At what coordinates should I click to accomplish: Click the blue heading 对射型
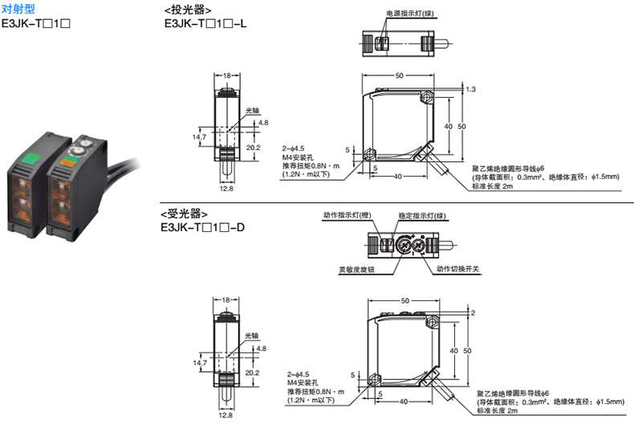[18, 9]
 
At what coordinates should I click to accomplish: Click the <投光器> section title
[188, 10]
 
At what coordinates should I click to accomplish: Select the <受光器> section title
[185, 214]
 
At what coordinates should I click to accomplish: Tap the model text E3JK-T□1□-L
[205, 23]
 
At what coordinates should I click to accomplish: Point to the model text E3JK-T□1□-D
[202, 227]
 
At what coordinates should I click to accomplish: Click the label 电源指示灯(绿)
[410, 14]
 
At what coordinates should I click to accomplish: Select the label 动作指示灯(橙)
[347, 215]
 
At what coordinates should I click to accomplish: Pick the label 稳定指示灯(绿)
[422, 216]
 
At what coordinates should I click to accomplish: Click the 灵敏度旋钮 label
[356, 270]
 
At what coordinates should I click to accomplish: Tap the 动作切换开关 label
[457, 269]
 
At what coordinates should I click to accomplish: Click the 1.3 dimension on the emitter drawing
[470, 89]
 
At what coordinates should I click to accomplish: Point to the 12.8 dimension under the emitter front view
[226, 189]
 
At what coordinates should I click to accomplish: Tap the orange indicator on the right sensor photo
[69, 162]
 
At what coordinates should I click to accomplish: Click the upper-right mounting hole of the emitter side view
[427, 97]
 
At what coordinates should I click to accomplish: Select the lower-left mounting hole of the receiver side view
[375, 380]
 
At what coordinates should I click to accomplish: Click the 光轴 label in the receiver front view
[251, 336]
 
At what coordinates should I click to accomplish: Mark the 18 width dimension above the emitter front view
[227, 75]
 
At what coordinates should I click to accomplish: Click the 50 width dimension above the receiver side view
[405, 300]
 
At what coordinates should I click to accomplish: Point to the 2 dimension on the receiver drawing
[473, 312]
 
